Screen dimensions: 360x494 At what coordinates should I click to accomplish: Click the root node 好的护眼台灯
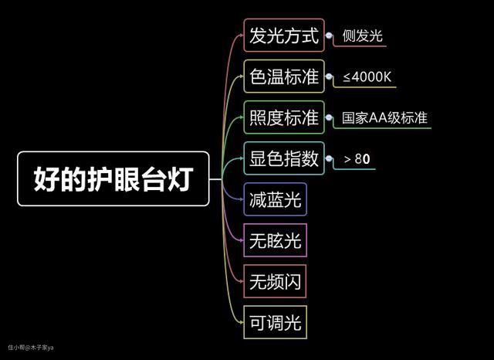click(x=113, y=178)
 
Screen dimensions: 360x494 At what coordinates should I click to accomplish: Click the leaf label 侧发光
click(x=364, y=36)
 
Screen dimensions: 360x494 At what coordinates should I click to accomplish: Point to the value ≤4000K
click(x=369, y=76)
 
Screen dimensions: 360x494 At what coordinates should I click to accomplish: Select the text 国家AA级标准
click(x=384, y=118)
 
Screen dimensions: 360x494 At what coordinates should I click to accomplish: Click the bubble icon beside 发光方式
click(x=327, y=36)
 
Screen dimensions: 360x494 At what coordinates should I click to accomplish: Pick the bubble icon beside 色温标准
click(x=327, y=76)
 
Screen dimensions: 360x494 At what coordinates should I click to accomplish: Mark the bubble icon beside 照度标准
click(x=327, y=118)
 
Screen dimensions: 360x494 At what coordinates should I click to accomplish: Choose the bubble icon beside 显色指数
click(x=327, y=158)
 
